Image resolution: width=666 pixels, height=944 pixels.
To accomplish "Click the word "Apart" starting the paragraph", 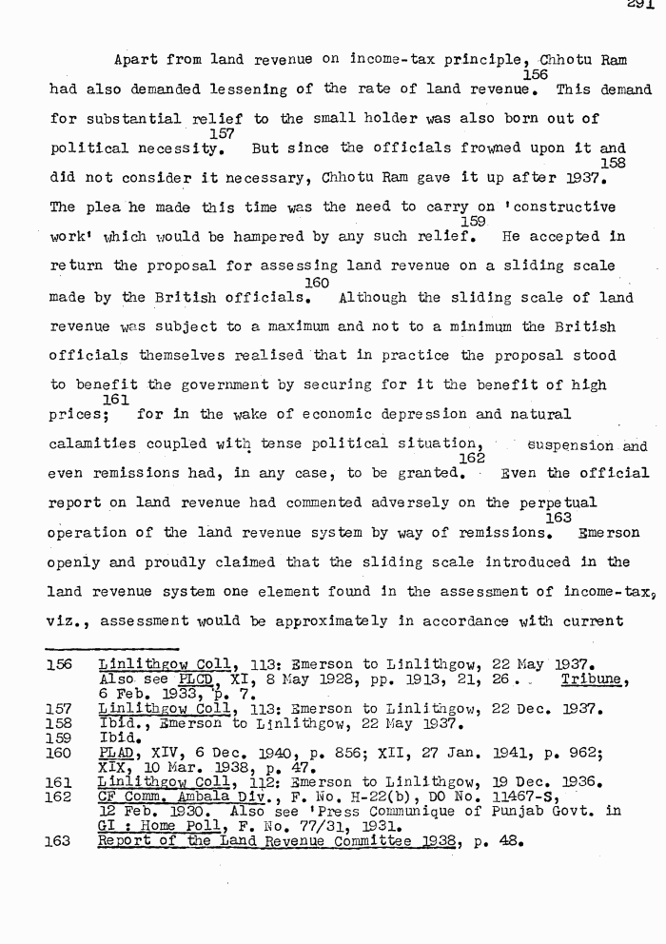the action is [134, 59].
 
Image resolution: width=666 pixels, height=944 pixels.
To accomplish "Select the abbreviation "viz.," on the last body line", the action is [69, 622].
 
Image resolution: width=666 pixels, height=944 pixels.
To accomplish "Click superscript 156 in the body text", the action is [536, 75].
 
